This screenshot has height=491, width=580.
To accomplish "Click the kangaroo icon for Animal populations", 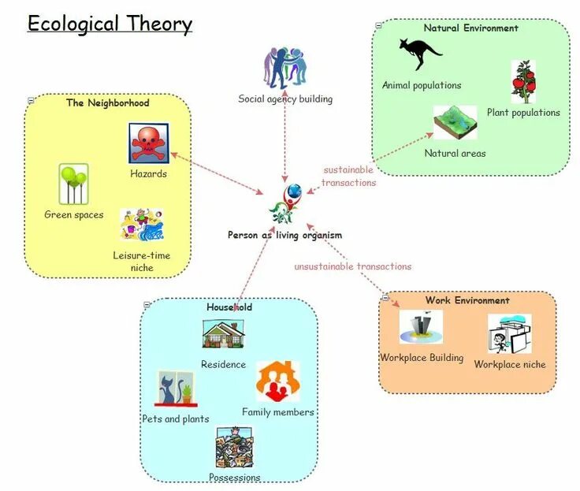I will tap(420, 54).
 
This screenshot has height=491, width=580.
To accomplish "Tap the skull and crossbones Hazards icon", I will tap(149, 143).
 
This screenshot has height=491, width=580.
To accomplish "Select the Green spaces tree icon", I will tap(73, 184).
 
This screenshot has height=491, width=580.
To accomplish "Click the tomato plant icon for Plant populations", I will tap(523, 82).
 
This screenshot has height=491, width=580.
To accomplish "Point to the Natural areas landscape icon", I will tap(455, 123).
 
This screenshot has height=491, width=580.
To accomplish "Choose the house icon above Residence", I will tap(224, 334).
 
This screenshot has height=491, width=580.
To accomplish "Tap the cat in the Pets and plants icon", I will tap(169, 389).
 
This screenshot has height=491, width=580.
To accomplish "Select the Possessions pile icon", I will tap(234, 448).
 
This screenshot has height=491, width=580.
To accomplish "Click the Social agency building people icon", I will tap(285, 69).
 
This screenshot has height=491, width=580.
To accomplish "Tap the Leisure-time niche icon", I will tap(142, 225).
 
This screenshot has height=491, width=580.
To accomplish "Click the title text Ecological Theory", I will tap(110, 24).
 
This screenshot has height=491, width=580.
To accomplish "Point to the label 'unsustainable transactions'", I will tap(352, 266).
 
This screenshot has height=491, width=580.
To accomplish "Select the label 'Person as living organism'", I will tap(284, 235).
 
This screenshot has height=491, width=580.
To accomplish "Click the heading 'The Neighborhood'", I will tap(108, 102).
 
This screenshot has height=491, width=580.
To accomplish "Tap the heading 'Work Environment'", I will tap(467, 300).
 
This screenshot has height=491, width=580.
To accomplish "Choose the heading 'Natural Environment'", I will tap(470, 28).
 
